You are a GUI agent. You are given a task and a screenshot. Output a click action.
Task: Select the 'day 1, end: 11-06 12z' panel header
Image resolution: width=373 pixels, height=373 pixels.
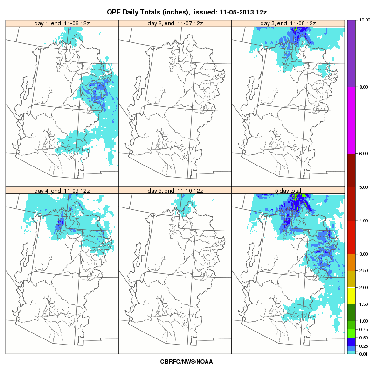tap(62, 23)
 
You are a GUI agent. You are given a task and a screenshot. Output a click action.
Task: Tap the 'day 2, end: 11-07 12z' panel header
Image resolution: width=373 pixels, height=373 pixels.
tap(175, 23)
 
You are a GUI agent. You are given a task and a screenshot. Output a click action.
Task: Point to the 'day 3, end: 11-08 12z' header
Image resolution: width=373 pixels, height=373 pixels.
tap(288, 23)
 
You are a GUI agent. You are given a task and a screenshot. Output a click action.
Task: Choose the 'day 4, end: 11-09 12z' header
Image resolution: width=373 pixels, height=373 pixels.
tap(62, 191)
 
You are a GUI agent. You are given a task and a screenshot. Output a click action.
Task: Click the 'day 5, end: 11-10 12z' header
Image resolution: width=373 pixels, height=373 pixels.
tap(175, 191)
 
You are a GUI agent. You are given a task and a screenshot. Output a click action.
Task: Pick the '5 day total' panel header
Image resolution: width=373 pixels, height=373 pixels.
tap(288, 191)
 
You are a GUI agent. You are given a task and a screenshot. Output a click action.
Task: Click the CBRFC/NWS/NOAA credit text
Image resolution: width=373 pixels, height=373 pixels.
tap(186, 362)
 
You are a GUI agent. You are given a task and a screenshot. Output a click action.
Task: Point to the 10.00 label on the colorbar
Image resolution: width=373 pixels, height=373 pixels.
tap(365, 20)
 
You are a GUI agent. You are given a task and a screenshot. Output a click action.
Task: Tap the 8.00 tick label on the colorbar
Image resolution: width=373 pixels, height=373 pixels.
tap(364, 87)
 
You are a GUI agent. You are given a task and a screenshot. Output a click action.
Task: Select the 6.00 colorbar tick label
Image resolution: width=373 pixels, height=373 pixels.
tap(364, 154)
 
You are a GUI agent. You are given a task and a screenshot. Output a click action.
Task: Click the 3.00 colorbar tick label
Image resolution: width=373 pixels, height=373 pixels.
tap(364, 254)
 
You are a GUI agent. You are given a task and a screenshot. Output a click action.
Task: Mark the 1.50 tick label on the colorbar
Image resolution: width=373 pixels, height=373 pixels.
tap(364, 304)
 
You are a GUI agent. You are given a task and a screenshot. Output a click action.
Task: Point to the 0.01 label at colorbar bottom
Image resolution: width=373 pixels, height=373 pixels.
tap(364, 354)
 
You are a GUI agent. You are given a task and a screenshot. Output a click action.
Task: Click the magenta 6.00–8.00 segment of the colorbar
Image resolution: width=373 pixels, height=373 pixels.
tap(352, 120)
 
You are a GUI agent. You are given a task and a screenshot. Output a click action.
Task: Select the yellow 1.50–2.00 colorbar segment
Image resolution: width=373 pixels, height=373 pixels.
tap(352, 296)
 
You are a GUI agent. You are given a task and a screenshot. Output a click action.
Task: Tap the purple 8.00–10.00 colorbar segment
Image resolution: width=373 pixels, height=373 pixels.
tap(352, 53)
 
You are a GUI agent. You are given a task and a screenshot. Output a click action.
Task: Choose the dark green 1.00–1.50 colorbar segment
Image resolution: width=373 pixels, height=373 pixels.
tap(352, 312)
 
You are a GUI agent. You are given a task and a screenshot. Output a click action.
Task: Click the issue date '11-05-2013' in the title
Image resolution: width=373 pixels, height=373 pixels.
tap(237, 12)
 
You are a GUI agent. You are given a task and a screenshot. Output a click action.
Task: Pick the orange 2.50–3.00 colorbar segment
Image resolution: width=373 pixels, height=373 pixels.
tap(352, 262)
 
